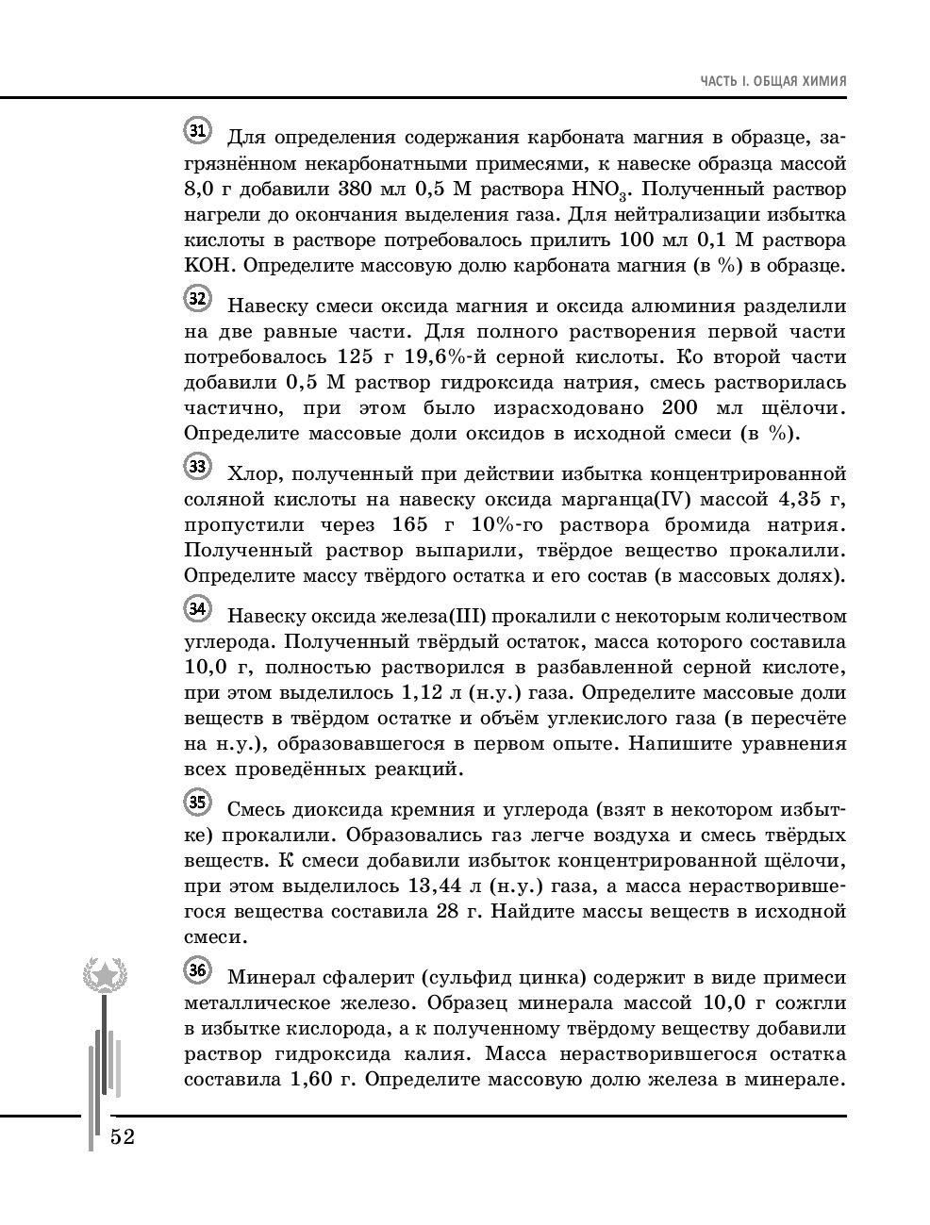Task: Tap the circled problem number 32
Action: [197, 299]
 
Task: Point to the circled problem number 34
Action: [197, 609]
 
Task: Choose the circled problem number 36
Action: [197, 970]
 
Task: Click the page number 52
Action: [123, 1136]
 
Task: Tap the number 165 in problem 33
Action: [408, 524]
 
